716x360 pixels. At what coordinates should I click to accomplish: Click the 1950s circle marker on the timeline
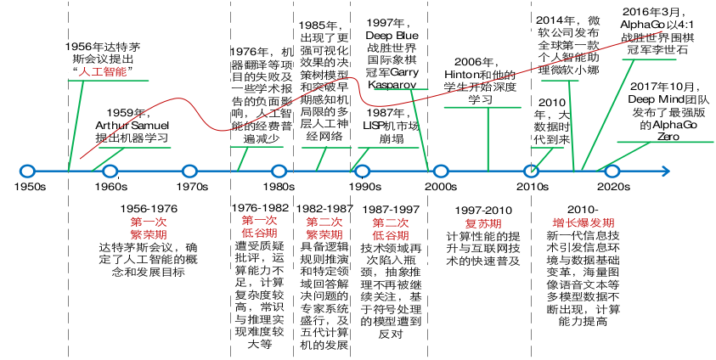(x=28, y=172)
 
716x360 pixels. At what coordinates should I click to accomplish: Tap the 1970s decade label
(x=192, y=187)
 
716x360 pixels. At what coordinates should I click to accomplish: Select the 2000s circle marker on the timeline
(x=441, y=172)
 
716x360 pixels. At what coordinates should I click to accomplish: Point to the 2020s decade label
(x=614, y=187)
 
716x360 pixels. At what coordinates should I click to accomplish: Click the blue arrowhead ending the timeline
(x=665, y=172)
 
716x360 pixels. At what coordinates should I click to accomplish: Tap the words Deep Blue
(x=392, y=36)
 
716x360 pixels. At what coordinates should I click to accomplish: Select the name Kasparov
(x=392, y=85)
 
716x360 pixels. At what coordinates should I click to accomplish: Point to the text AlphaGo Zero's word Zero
(x=668, y=137)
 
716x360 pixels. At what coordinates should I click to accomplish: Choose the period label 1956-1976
(x=149, y=209)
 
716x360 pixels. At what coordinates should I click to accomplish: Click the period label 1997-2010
(x=483, y=211)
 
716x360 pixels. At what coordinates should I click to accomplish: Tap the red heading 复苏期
(x=483, y=223)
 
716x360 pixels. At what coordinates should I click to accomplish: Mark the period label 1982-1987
(x=324, y=209)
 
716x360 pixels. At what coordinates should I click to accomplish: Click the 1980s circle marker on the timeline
(x=279, y=172)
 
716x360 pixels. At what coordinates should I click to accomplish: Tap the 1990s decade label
(x=365, y=187)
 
